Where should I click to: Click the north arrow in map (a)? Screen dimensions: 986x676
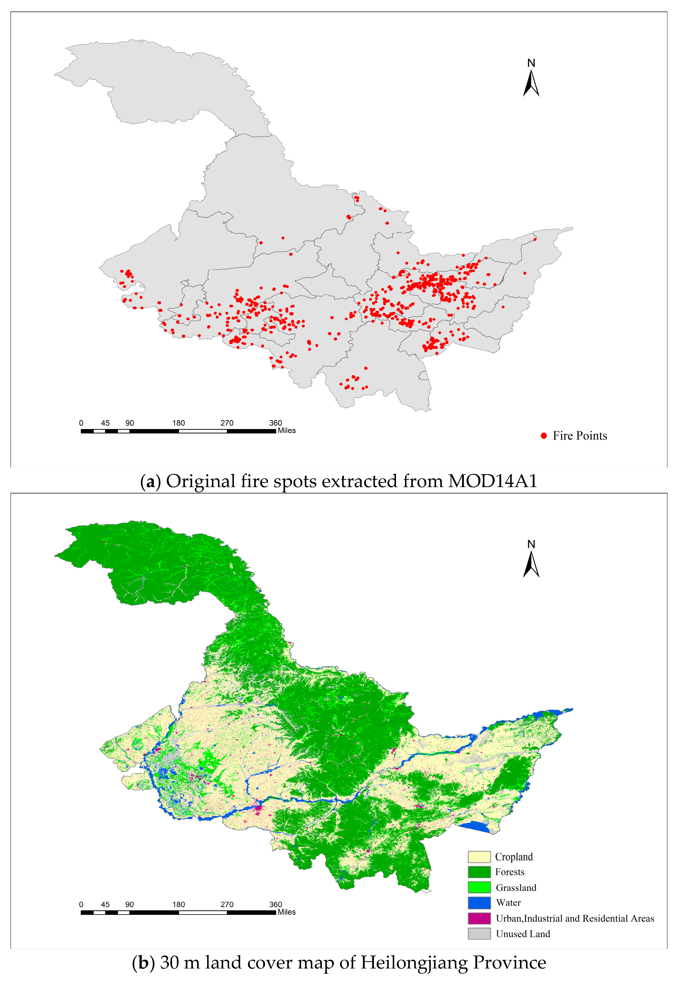pyautogui.click(x=531, y=83)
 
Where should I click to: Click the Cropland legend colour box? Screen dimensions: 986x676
pyautogui.click(x=479, y=857)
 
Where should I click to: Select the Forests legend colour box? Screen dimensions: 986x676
pyautogui.click(x=479, y=872)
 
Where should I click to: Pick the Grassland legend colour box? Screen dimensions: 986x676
pyautogui.click(x=479, y=887)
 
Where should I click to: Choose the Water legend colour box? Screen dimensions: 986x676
pyautogui.click(x=479, y=902)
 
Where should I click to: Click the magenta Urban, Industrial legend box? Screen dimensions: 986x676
pyautogui.click(x=479, y=918)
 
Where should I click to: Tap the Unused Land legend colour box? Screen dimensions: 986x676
pyautogui.click(x=479, y=933)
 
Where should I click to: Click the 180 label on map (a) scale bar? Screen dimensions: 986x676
pyautogui.click(x=179, y=423)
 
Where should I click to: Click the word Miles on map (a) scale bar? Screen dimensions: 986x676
pyautogui.click(x=287, y=431)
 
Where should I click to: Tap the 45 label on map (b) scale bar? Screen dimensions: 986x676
pyautogui.click(x=105, y=904)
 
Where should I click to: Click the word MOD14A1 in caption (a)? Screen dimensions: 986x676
pyautogui.click(x=493, y=481)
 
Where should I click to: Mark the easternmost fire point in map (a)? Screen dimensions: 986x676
pyautogui.click(x=535, y=239)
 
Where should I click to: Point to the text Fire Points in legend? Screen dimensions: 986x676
pyautogui.click(x=580, y=436)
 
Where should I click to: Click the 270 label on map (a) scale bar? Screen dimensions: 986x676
pyautogui.click(x=227, y=423)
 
